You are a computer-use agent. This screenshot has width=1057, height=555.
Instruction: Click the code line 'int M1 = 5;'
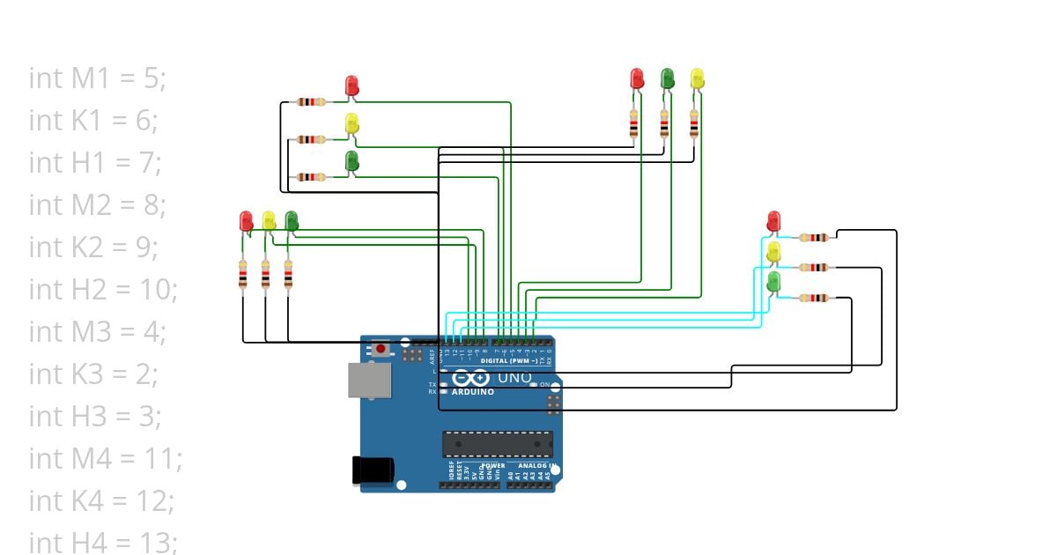click(x=97, y=78)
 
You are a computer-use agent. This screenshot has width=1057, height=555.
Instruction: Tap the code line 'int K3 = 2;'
click(x=93, y=374)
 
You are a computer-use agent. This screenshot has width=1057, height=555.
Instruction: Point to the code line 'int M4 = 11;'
click(x=105, y=458)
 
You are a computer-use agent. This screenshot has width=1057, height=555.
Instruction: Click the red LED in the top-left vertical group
click(x=351, y=85)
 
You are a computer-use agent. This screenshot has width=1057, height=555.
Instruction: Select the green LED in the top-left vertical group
click(x=351, y=161)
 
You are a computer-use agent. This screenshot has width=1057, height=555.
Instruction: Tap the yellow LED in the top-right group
click(x=697, y=78)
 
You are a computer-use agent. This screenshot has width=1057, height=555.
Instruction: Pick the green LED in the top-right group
click(x=668, y=78)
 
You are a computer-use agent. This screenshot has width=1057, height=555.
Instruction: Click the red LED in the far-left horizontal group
click(x=246, y=220)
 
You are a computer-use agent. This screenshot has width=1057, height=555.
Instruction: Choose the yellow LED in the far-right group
click(x=773, y=253)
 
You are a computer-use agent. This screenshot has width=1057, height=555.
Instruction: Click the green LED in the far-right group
click(x=773, y=283)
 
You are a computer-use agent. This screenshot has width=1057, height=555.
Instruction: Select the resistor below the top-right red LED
click(x=634, y=124)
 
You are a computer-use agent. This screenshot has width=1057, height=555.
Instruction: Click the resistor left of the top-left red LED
click(x=311, y=101)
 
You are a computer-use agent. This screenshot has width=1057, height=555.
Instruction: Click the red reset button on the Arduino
click(x=381, y=349)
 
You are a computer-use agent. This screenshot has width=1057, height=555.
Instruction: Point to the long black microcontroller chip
click(x=498, y=444)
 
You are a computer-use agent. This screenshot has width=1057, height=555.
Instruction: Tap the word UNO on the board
click(x=515, y=378)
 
